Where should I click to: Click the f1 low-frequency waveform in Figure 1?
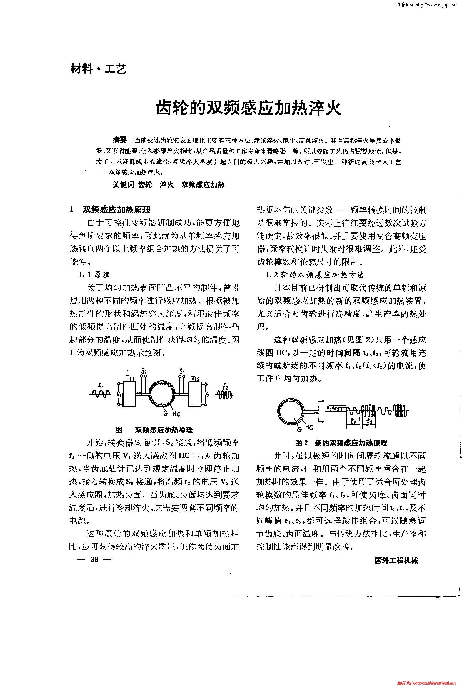[x=101, y=392]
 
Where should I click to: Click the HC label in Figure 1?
[x=176, y=414]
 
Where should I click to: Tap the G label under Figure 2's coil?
[x=300, y=430]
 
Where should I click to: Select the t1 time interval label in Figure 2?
[x=354, y=422]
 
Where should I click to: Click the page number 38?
[x=95, y=559]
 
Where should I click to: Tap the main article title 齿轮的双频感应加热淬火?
[x=248, y=108]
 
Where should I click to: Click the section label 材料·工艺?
[x=99, y=69]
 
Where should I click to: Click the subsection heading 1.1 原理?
[x=94, y=275]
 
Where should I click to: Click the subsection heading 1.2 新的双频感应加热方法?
[x=315, y=275]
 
